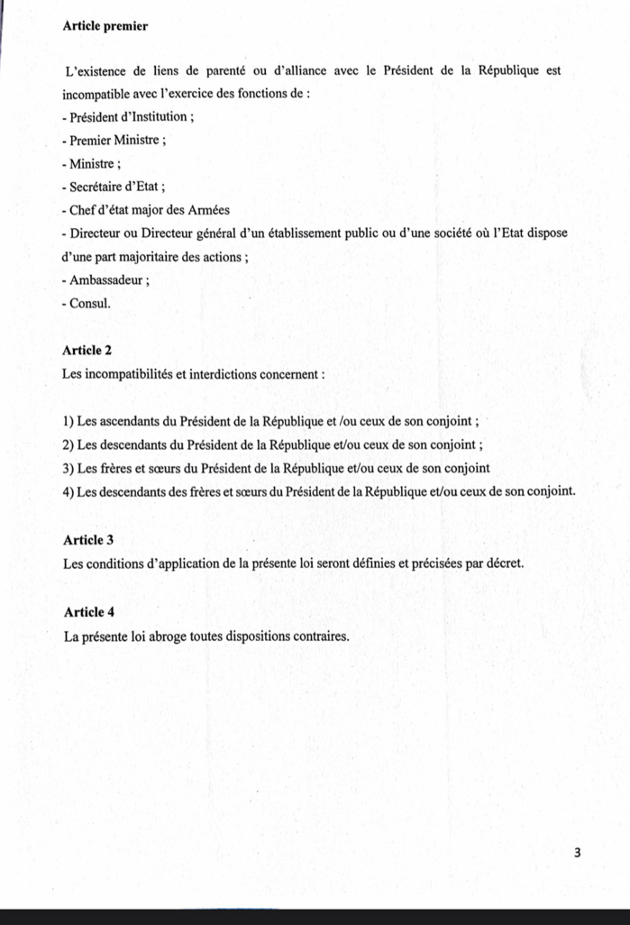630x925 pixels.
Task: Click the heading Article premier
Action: (x=105, y=26)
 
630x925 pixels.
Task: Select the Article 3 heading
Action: (x=88, y=540)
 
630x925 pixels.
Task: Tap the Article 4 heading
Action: (x=88, y=612)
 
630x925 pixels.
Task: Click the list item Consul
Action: (x=89, y=304)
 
